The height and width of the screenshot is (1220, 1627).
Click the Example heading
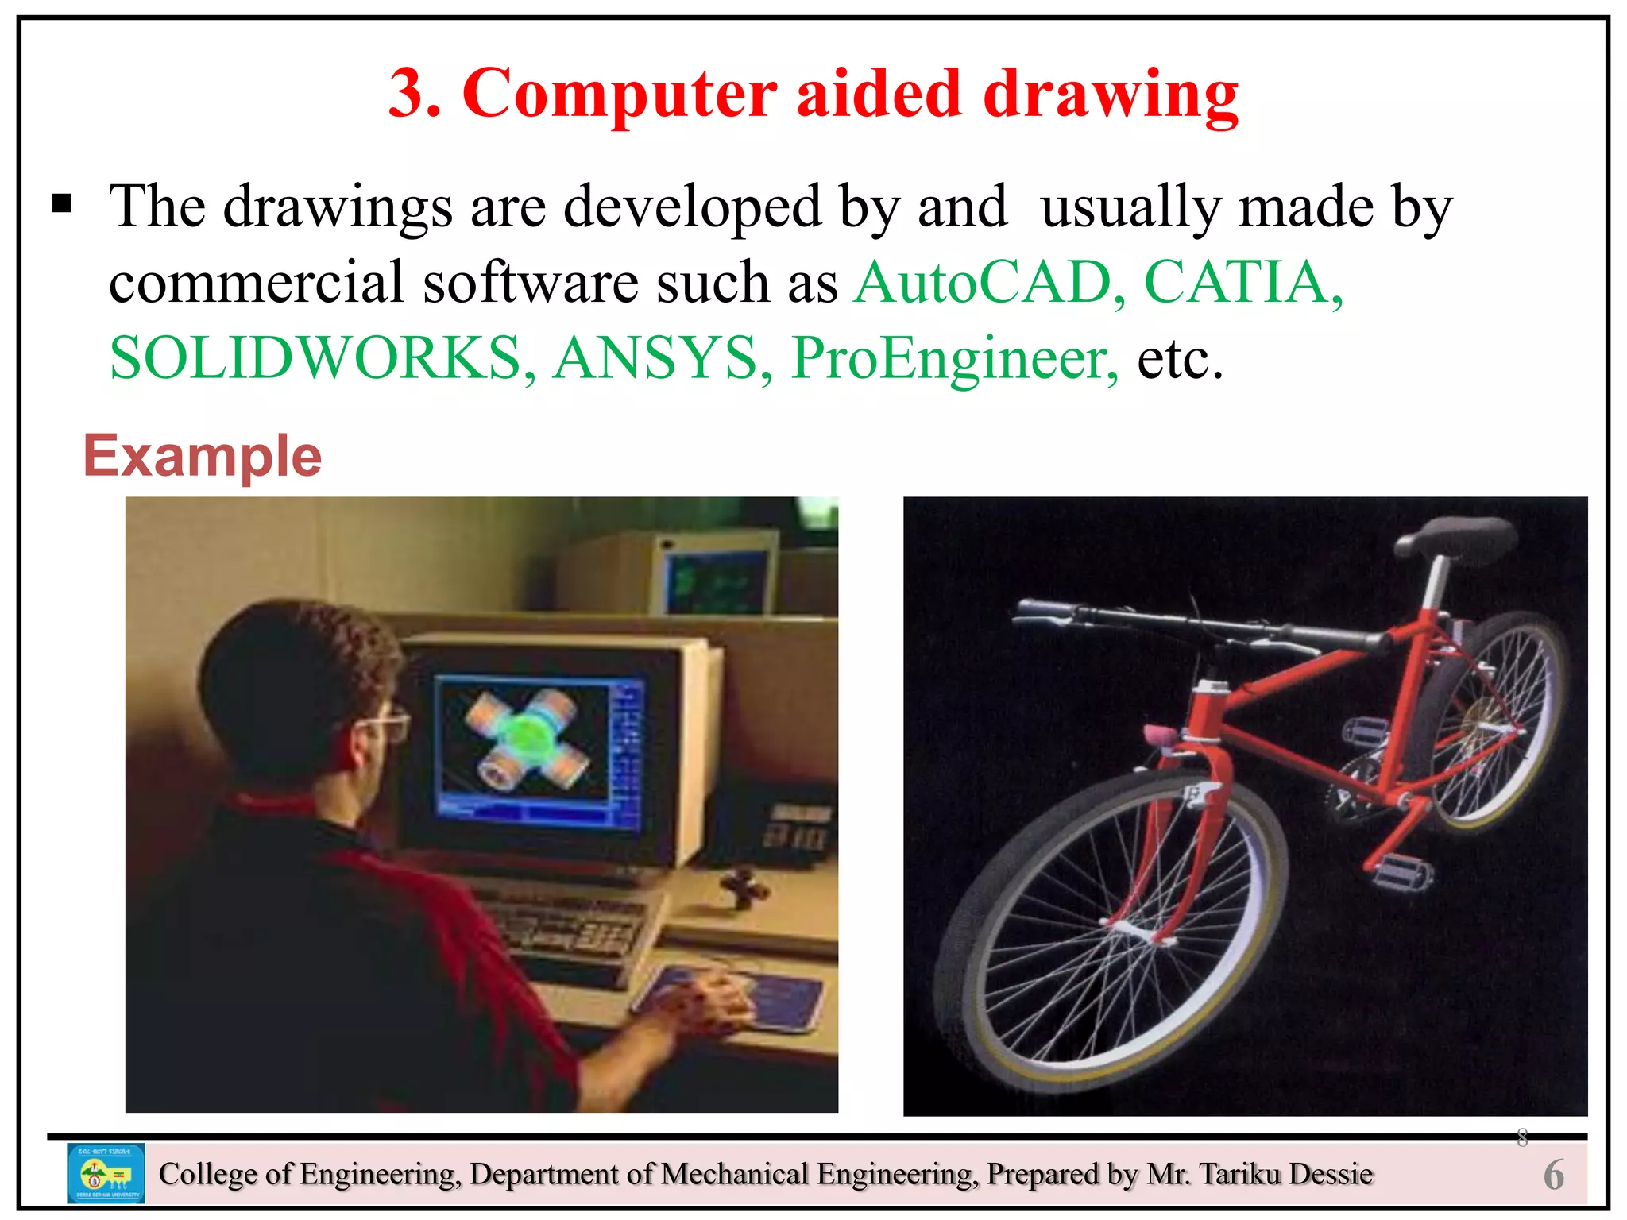coord(203,456)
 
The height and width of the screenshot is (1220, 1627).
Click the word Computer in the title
coord(619,94)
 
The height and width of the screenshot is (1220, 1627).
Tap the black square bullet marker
coord(62,205)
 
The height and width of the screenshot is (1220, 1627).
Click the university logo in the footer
coord(106,1173)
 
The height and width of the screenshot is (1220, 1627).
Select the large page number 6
coord(1553,1175)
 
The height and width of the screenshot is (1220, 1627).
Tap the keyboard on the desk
coord(572,929)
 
